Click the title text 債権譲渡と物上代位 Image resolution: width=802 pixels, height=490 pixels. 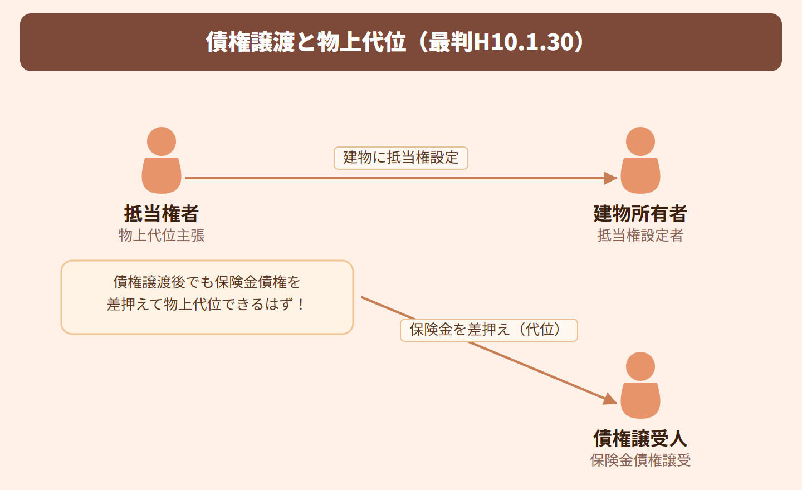(x=306, y=42)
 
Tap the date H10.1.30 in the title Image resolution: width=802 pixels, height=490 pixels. (x=524, y=42)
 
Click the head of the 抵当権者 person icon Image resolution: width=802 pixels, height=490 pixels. (x=162, y=141)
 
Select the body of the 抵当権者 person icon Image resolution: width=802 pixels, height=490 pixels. (x=162, y=176)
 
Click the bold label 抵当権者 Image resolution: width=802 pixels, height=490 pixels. (x=162, y=214)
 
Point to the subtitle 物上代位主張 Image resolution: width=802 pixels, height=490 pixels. (x=162, y=236)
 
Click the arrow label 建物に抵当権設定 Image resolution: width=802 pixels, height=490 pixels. (x=401, y=158)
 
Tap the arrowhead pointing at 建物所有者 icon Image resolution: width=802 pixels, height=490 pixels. (x=610, y=178)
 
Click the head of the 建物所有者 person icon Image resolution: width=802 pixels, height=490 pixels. (x=640, y=141)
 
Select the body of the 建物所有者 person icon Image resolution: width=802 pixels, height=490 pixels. (x=640, y=176)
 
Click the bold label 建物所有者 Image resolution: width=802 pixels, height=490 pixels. (x=640, y=214)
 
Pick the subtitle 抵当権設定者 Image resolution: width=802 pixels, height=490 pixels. (x=640, y=236)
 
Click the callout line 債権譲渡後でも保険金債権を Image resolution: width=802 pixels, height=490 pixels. (x=207, y=282)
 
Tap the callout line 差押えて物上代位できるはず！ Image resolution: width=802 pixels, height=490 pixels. (x=206, y=305)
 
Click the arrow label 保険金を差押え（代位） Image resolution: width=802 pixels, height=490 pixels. (x=489, y=330)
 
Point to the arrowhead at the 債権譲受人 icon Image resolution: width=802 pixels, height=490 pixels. (x=610, y=399)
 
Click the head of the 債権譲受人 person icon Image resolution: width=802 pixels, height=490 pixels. (x=640, y=366)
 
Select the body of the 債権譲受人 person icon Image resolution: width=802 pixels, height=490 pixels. (x=640, y=401)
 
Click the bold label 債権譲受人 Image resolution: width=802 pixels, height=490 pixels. (x=640, y=438)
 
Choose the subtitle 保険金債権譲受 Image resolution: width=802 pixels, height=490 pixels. (x=640, y=460)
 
